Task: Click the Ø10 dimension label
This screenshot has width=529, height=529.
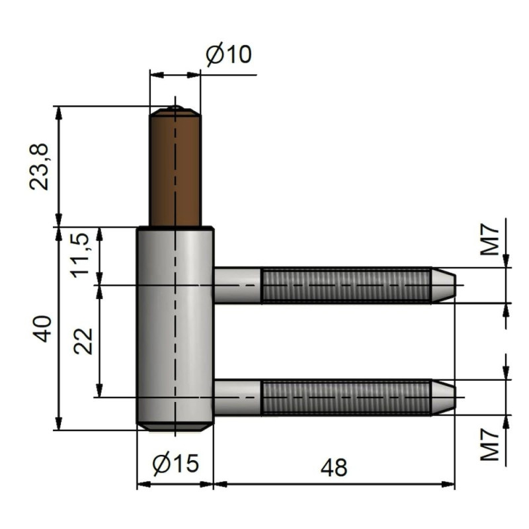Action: click(x=228, y=54)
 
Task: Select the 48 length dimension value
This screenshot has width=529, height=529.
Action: click(x=334, y=468)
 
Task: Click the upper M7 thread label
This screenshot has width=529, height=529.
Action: click(x=489, y=240)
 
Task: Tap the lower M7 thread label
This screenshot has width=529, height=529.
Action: click(x=489, y=444)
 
